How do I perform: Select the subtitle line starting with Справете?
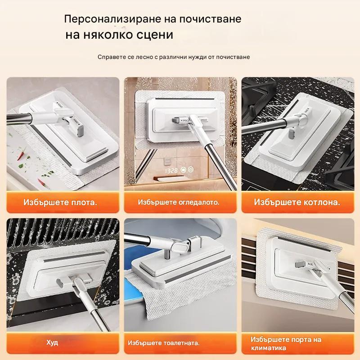pos(174,57)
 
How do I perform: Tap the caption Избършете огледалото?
pos(179,202)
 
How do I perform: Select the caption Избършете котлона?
pos(297,202)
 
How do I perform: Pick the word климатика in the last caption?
pos(269,348)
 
